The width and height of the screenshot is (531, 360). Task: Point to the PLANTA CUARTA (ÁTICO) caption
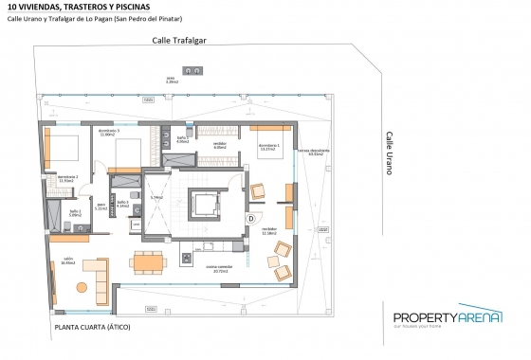coord(93,327)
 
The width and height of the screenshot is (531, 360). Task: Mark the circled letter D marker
coord(251,218)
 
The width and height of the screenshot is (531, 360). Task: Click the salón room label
coord(68,260)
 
